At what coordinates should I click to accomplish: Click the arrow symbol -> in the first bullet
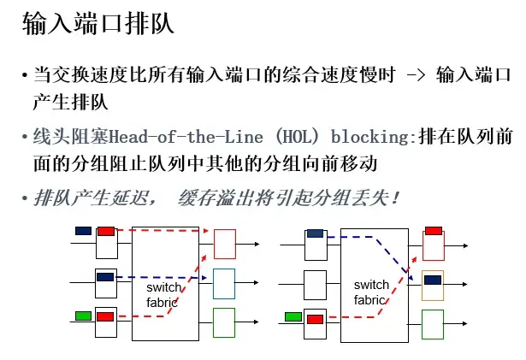coord(416,77)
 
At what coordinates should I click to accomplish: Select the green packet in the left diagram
coord(84,316)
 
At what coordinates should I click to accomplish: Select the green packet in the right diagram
coord(293,316)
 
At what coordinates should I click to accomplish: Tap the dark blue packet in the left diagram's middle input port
coord(105,277)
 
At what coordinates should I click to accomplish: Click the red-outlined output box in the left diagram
coord(224,245)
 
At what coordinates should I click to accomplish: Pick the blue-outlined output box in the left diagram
coord(224,283)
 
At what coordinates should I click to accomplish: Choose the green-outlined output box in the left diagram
coord(224,322)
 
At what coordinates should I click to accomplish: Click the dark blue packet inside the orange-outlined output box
coord(433,280)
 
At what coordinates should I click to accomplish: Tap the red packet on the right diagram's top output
coord(433,230)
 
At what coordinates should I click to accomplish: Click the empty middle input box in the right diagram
coord(316,283)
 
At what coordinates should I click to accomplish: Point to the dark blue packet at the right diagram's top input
coord(316,233)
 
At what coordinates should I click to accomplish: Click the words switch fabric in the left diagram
coord(163,294)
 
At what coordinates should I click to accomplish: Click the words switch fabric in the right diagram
coord(371,292)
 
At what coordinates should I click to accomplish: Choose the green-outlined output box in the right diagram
coord(433,323)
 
